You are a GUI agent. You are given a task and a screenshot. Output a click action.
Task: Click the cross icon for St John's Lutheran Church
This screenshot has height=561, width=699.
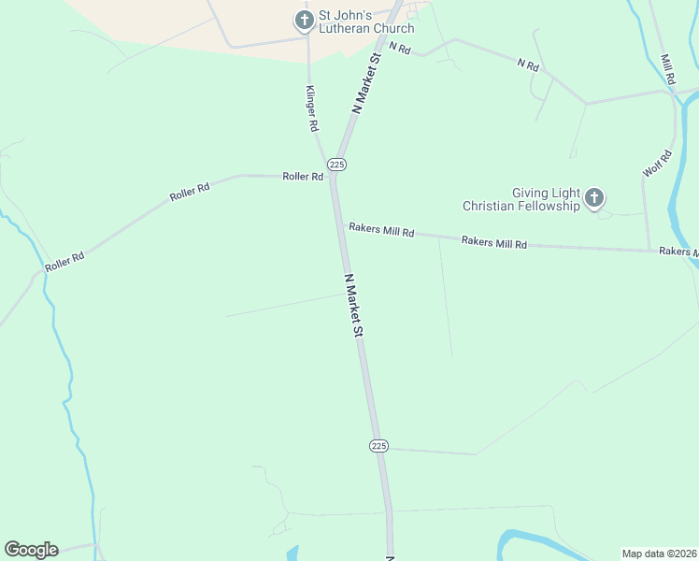(x=304, y=20)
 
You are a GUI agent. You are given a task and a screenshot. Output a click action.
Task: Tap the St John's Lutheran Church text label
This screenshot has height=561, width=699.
(x=365, y=22)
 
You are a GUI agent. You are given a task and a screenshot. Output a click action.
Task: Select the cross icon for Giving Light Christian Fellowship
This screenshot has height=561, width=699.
(x=593, y=198)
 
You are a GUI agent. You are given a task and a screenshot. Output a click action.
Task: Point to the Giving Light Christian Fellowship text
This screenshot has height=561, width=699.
(x=521, y=198)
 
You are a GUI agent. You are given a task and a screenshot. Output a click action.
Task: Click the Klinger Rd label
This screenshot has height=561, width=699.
(x=313, y=108)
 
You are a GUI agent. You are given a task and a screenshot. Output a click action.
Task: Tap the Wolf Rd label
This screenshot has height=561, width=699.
(x=658, y=164)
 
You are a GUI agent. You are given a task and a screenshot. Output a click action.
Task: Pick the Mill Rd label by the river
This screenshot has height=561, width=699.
(x=667, y=69)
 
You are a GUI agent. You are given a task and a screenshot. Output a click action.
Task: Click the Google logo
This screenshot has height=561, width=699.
(x=31, y=550)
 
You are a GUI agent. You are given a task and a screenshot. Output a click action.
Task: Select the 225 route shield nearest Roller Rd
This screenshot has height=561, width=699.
(x=337, y=165)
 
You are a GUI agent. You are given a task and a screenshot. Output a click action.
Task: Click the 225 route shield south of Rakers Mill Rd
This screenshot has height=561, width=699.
(x=378, y=446)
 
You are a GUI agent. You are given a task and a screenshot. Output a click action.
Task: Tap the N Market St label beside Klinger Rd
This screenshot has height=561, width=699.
(x=368, y=83)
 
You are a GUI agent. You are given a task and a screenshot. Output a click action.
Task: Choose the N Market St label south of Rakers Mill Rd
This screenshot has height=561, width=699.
(x=353, y=306)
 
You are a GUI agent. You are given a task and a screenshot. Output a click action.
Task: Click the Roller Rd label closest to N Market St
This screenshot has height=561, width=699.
(x=303, y=176)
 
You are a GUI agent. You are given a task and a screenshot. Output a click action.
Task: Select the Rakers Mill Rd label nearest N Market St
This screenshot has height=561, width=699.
(x=381, y=230)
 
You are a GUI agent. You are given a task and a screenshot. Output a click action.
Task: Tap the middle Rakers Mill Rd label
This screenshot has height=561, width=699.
(x=494, y=242)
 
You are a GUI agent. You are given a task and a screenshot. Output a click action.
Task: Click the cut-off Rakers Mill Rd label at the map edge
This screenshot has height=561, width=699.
(x=678, y=252)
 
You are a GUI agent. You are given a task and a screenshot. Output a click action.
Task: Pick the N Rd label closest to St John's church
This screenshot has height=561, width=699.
(x=400, y=47)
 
